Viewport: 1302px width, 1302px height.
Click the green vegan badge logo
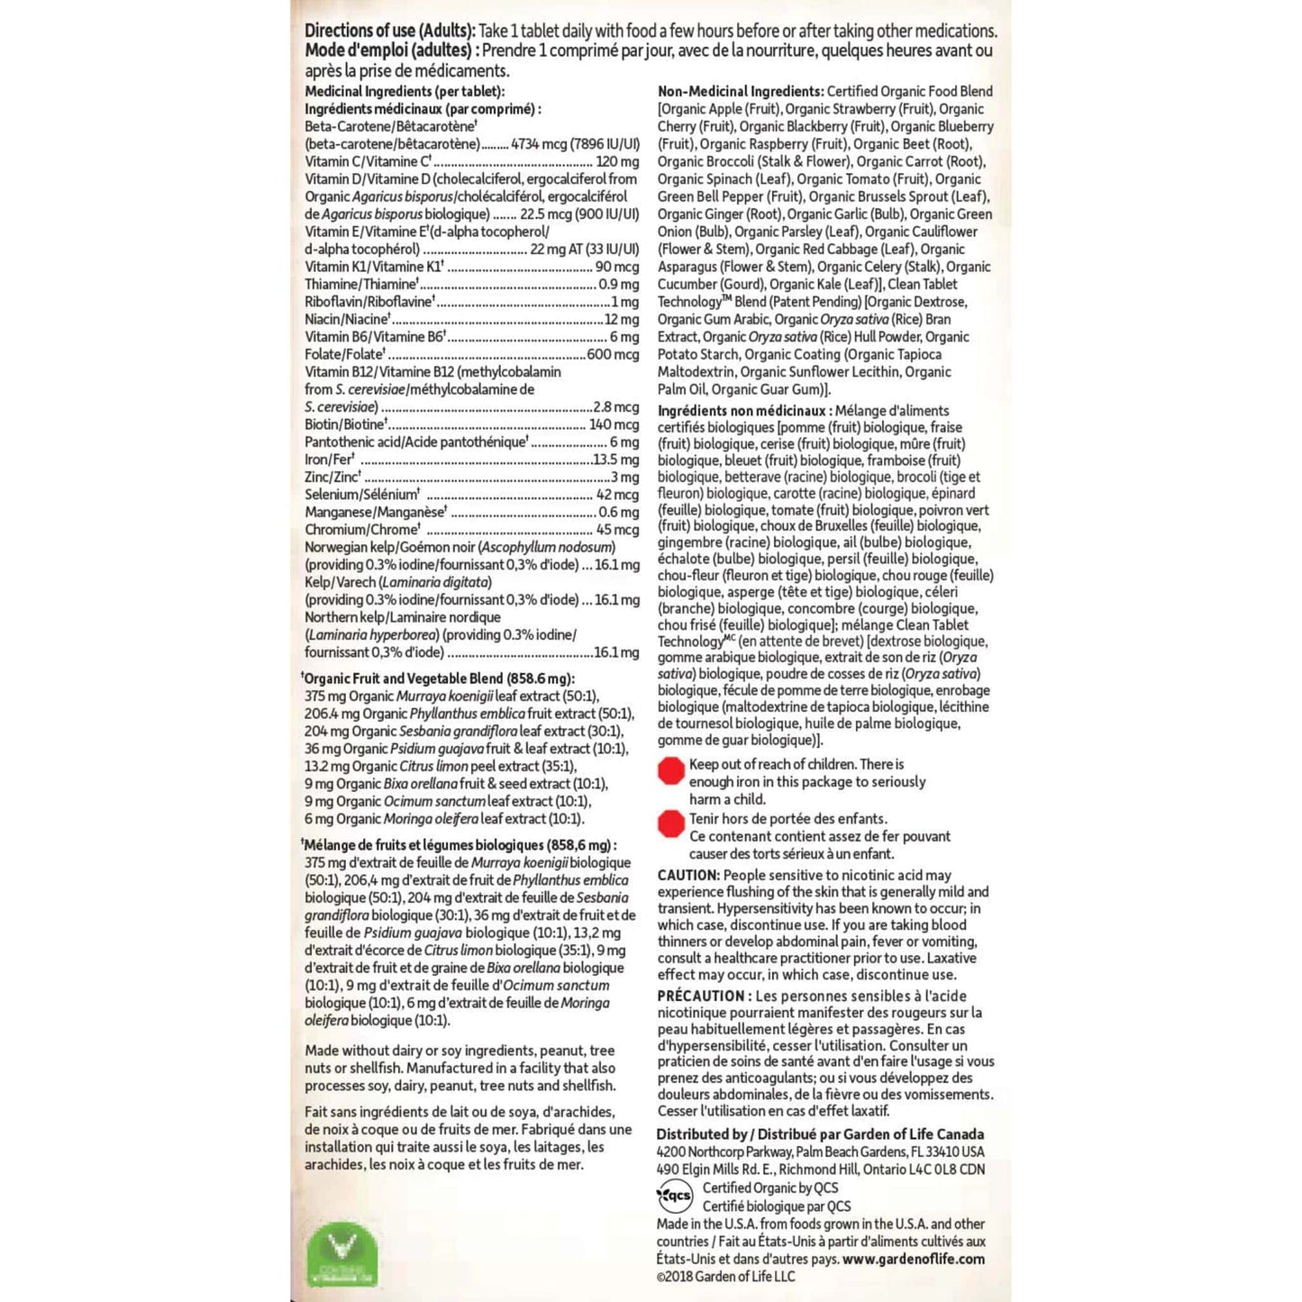pos(342,1253)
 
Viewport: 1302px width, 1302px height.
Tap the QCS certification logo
pos(675,1197)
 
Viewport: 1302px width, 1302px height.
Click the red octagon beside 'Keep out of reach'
pos(671,771)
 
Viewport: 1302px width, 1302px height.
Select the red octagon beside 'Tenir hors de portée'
pos(671,824)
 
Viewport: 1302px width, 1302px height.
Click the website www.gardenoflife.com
pos(914,1259)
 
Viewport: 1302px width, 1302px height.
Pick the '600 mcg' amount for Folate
pos(613,355)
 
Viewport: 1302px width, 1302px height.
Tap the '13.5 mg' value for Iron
pos(616,460)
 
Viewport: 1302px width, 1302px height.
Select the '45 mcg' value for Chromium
pos(617,530)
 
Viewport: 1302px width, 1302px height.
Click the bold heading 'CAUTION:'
pos(688,875)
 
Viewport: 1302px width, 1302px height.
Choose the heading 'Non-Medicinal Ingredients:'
pos(741,92)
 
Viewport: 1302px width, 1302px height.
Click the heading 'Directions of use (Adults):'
pos(389,32)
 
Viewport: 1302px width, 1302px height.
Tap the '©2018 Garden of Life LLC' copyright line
pos(725,1276)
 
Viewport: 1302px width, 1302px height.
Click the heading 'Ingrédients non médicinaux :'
pos(744,411)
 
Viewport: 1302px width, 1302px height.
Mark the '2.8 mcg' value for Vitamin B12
pos(616,407)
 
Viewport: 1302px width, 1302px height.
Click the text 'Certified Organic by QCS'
pos(770,1188)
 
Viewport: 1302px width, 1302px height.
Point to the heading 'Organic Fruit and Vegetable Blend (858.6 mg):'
pos(440,678)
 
